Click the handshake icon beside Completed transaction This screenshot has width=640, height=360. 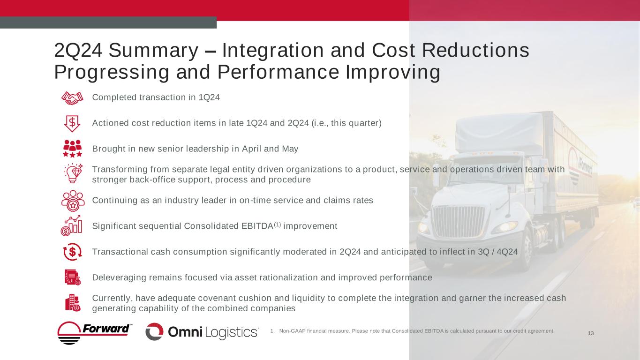(72, 98)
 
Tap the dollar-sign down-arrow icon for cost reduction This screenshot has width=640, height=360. (72, 123)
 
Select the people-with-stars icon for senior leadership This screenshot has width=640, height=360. (72, 149)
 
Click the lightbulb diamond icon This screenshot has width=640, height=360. (73, 173)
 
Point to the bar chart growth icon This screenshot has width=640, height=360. (71, 226)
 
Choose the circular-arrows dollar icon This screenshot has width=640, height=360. (72, 252)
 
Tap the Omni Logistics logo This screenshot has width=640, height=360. (202, 332)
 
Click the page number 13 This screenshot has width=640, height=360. (591, 333)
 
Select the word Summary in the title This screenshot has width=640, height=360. (153, 51)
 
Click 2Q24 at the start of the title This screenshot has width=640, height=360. (78, 51)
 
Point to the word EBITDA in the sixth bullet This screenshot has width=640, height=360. (257, 226)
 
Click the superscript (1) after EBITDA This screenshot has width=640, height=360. (278, 225)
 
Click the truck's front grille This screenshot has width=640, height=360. (458, 221)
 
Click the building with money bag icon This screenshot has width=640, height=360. (73, 303)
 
